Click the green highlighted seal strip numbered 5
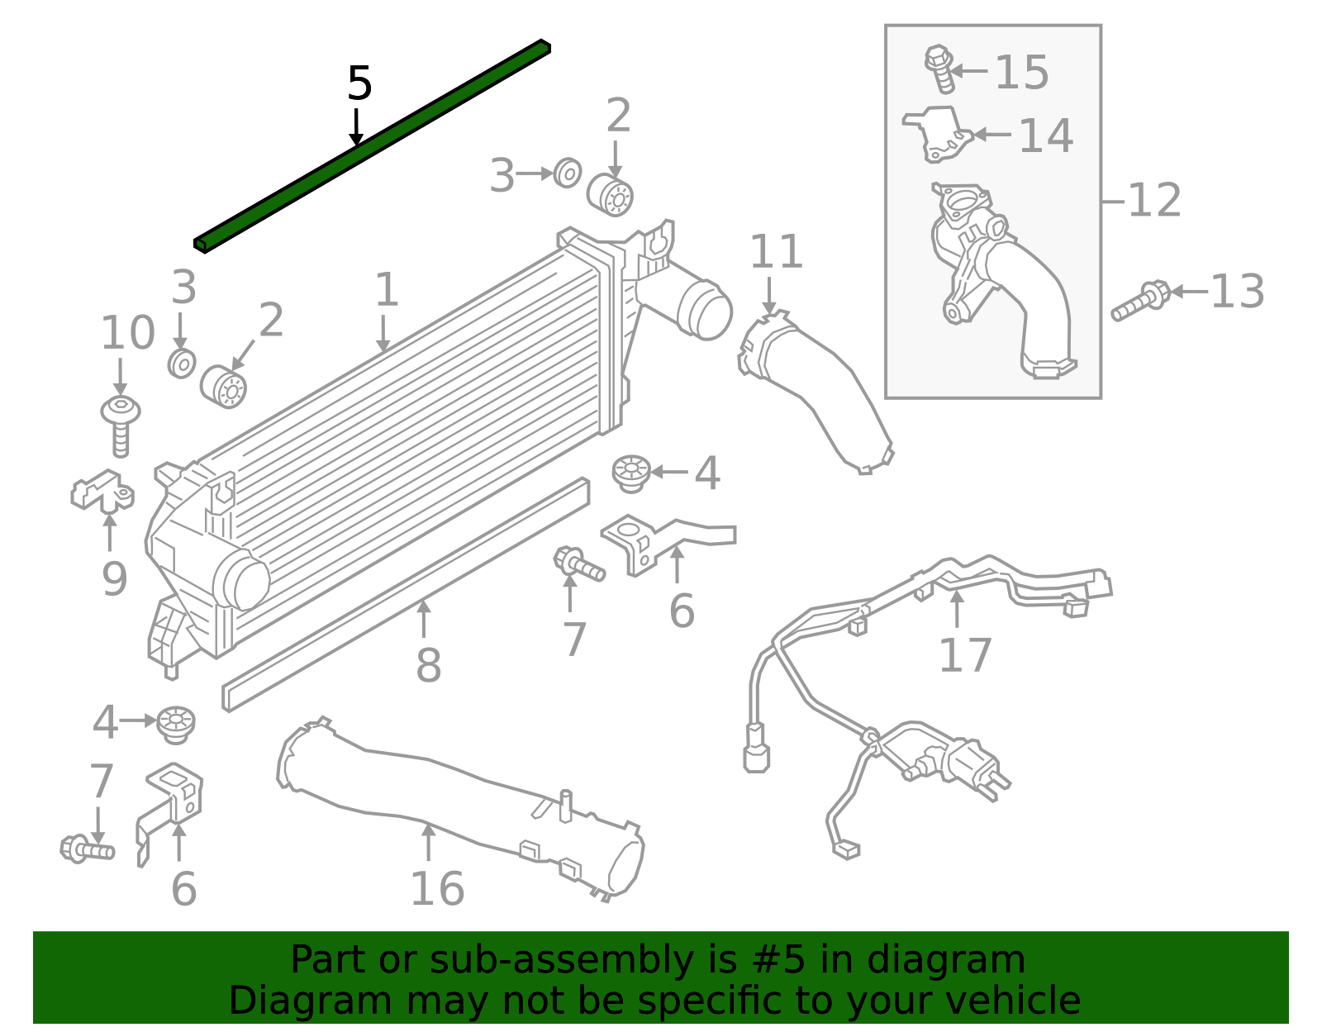pos(372,145)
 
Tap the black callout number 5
pos(359,83)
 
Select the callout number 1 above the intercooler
pos(386,290)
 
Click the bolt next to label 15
pos(940,68)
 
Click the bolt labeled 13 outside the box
pos(1141,302)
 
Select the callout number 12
pos(1154,201)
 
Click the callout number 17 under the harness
pos(965,655)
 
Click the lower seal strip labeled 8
pos(405,595)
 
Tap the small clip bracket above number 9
pos(102,491)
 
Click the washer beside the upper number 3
pos(567,173)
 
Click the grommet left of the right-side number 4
pos(631,473)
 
